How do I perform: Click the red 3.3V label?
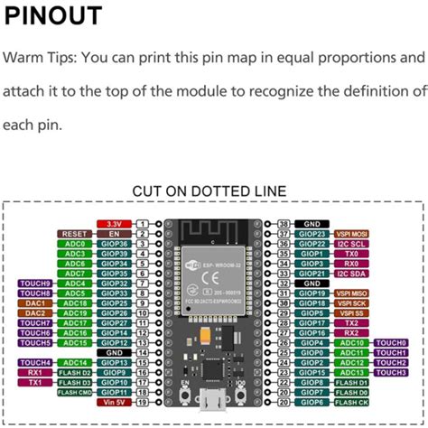pos(114,222)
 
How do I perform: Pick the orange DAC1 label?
pos(35,302)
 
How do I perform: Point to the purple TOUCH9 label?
pos(35,283)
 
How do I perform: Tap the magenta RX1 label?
pos(35,373)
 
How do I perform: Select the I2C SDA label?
pos(352,273)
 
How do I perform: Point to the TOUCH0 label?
pos(391,343)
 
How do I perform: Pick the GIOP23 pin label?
pos(312,233)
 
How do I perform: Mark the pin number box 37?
pos(283,233)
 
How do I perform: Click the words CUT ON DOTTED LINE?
pos(209,191)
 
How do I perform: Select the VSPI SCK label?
pos(352,302)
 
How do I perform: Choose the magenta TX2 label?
pos(352,322)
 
